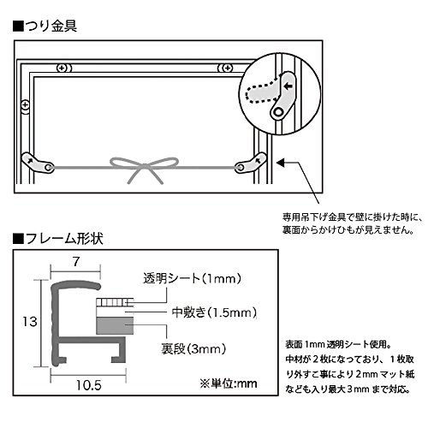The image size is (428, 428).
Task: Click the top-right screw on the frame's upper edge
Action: click(225, 67)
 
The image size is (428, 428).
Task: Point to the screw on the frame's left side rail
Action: click(25, 105)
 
